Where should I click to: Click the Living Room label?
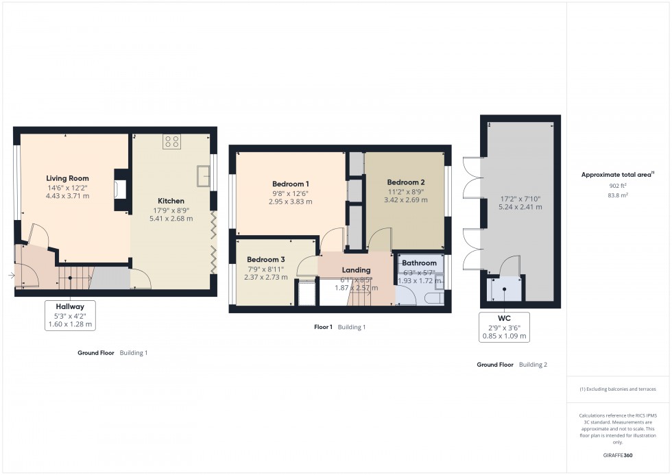click(68, 178)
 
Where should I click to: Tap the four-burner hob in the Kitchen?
click(171, 142)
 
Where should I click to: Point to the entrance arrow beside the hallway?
click(12, 276)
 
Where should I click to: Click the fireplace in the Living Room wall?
click(120, 189)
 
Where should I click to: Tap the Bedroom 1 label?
click(290, 184)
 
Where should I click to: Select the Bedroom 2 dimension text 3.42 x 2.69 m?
click(406, 200)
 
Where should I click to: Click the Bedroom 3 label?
click(266, 259)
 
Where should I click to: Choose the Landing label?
click(356, 270)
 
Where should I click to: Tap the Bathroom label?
click(419, 263)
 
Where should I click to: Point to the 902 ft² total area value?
click(619, 186)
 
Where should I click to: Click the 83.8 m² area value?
click(619, 195)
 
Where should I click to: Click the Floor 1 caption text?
click(323, 327)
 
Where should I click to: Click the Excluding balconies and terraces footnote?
click(619, 389)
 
